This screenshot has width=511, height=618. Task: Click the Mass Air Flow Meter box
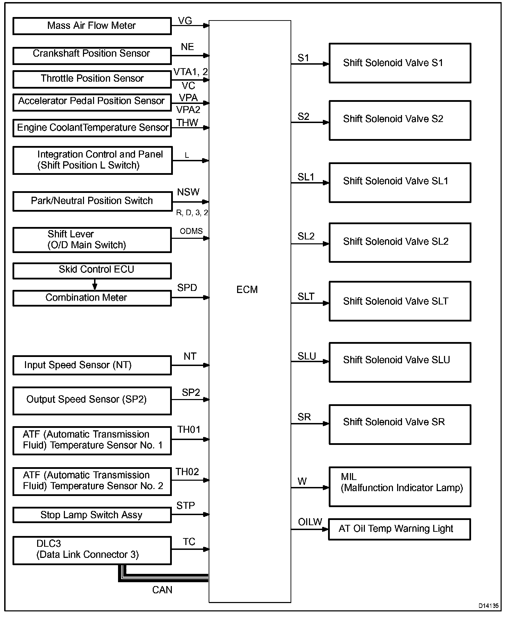tap(92, 26)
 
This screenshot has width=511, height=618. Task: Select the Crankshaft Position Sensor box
tap(92, 55)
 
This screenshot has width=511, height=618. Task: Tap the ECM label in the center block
tap(247, 290)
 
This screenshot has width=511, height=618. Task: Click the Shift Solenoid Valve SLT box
tap(400, 301)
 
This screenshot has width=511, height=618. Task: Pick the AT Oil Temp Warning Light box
tap(399, 529)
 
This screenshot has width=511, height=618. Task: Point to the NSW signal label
tap(188, 192)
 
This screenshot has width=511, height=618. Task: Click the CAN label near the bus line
tap(162, 590)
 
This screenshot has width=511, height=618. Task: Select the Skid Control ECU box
tap(92, 270)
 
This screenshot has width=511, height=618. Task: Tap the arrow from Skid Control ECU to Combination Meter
tap(94, 285)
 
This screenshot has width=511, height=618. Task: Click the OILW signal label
tap(310, 522)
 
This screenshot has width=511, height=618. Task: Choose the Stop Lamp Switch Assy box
tap(92, 515)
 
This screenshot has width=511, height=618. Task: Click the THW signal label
tap(187, 123)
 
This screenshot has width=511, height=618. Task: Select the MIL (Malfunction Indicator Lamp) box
tap(400, 487)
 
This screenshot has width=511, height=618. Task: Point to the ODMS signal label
tap(191, 231)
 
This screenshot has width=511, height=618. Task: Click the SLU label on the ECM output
tap(307, 356)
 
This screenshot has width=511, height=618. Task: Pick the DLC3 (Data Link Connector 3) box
tap(92, 550)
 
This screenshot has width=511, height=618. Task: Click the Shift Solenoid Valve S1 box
tap(400, 63)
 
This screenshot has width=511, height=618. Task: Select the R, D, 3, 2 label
tap(192, 213)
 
